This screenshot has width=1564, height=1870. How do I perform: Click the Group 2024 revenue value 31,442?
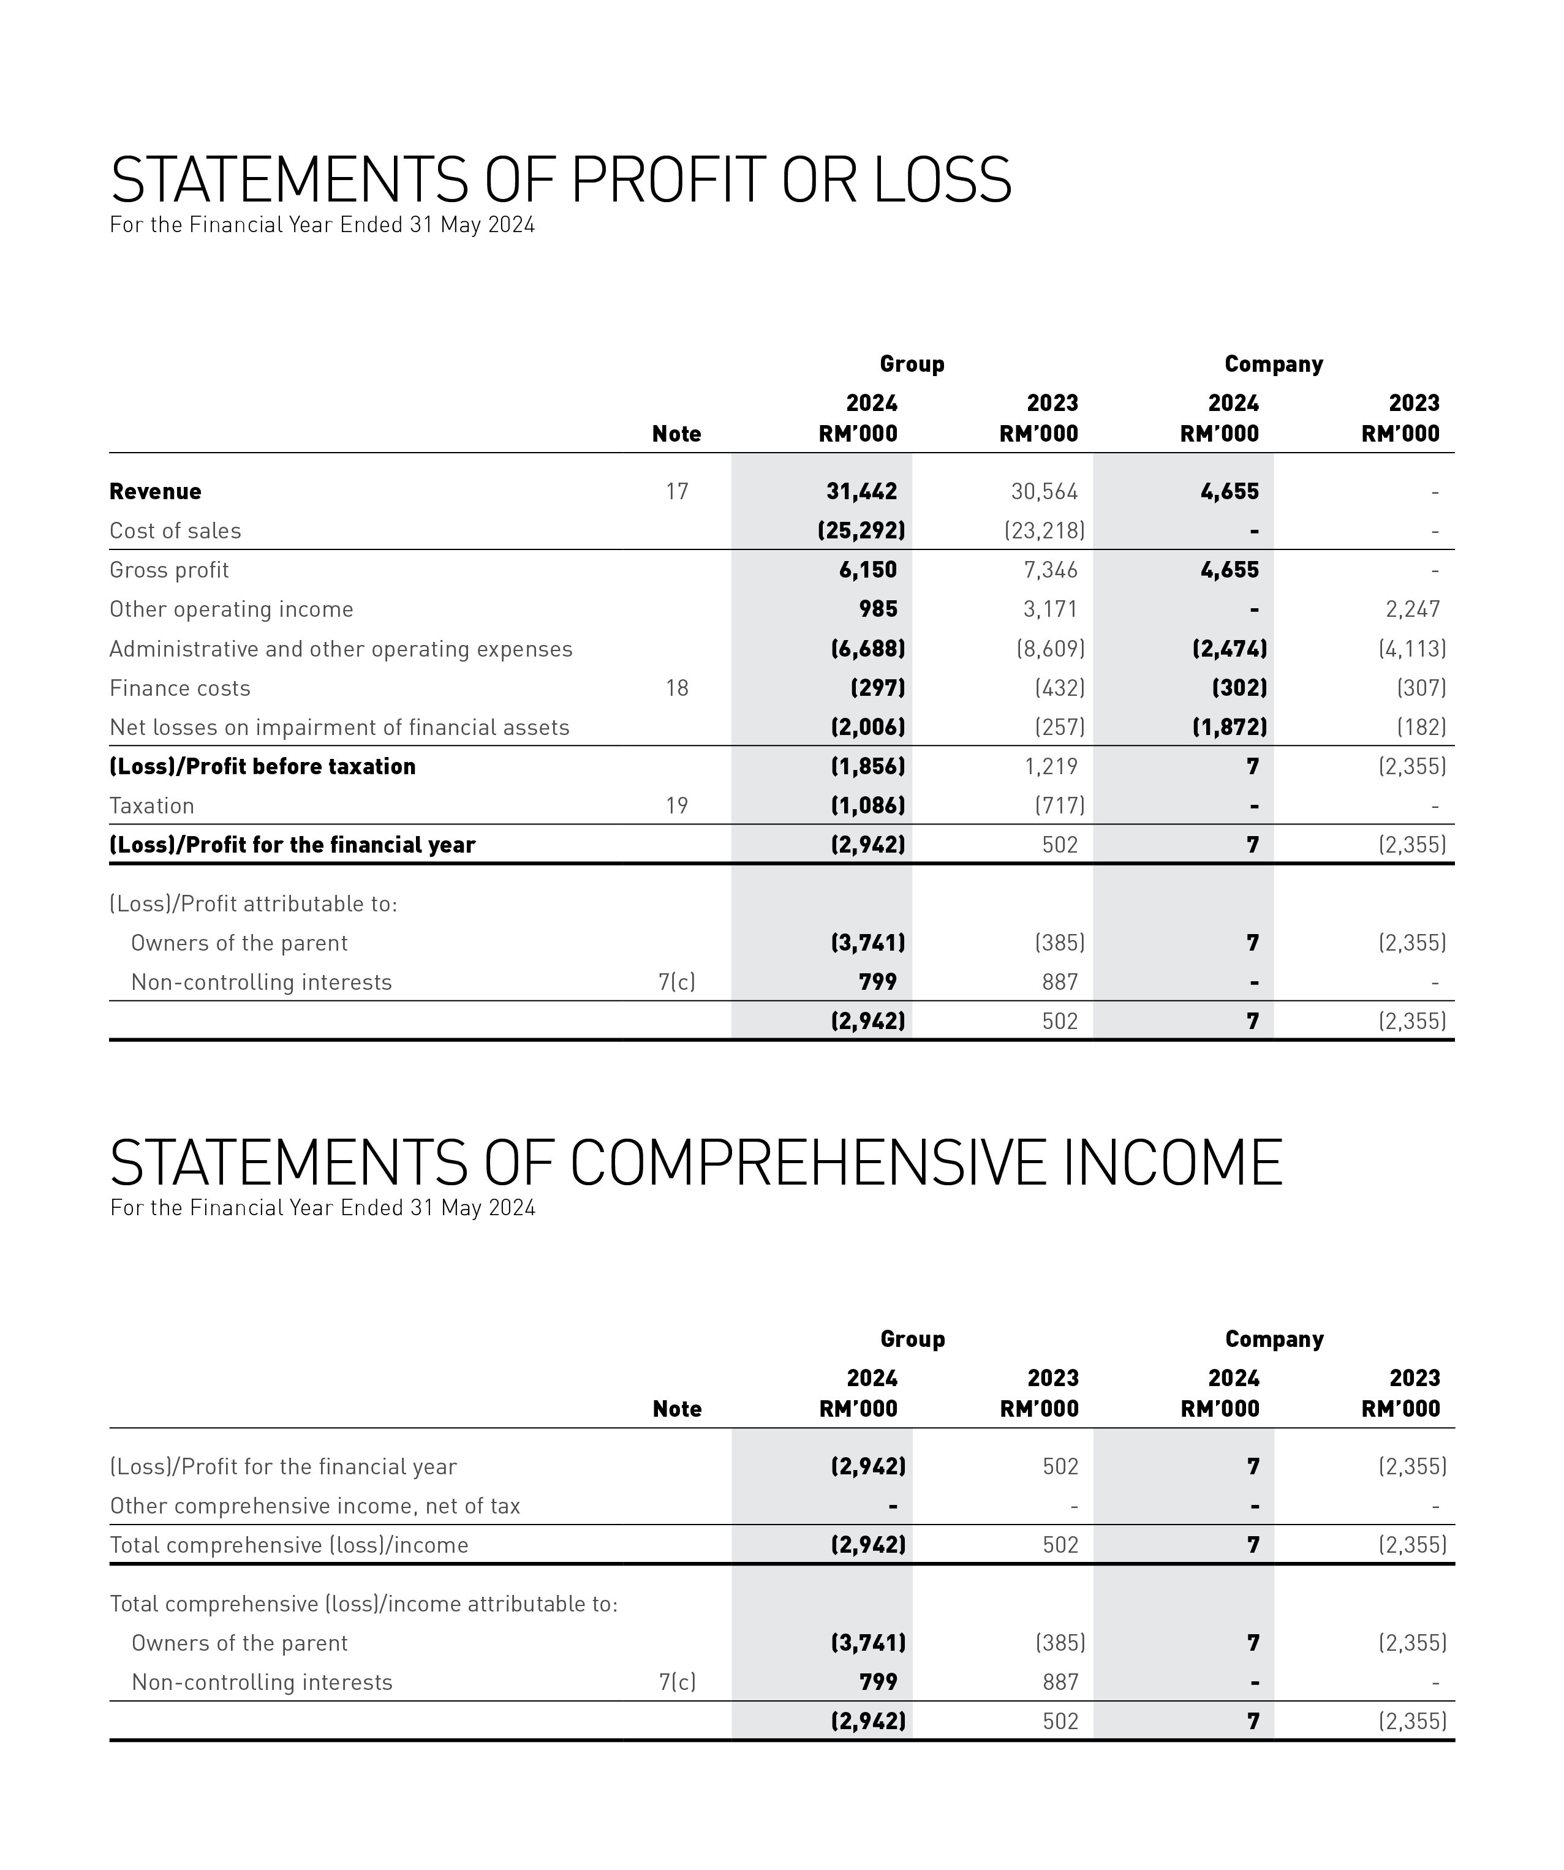(861, 492)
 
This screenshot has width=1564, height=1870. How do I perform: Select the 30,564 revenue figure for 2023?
(1044, 492)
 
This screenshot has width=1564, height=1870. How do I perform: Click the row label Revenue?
(155, 492)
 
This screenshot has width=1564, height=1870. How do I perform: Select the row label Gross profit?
(169, 570)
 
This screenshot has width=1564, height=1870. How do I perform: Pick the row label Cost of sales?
(175, 530)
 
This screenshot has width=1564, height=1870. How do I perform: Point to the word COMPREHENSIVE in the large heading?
(808, 1163)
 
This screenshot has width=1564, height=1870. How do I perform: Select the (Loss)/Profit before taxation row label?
(263, 767)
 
